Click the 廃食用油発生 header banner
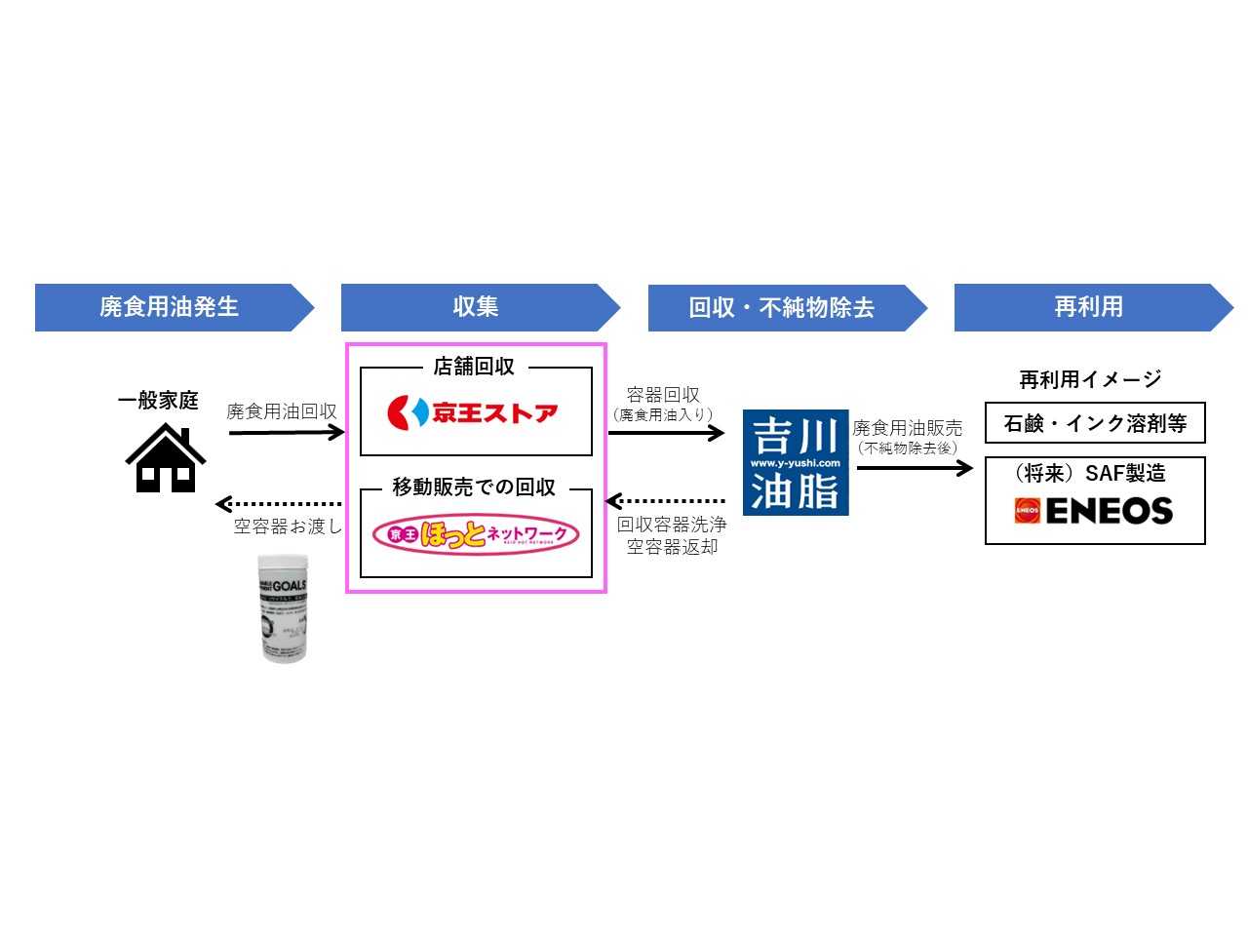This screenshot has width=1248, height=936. pyautogui.click(x=171, y=307)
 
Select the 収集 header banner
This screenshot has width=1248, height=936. pyautogui.click(x=477, y=307)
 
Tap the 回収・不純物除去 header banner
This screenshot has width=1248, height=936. pyautogui.click(x=783, y=308)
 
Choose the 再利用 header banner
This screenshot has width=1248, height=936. pyautogui.click(x=1089, y=307)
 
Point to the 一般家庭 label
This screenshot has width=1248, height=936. pyautogui.click(x=158, y=400)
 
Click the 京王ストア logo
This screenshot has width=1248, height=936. pyautogui.click(x=474, y=413)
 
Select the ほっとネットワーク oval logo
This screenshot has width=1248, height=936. pyautogui.click(x=476, y=534)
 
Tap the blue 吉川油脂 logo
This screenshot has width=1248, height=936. pyautogui.click(x=796, y=462)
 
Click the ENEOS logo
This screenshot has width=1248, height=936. pyautogui.click(x=1094, y=511)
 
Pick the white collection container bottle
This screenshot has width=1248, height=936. pyautogui.click(x=284, y=608)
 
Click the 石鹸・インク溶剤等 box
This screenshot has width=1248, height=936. pyautogui.click(x=1095, y=423)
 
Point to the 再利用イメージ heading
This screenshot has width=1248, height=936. pyautogui.click(x=1090, y=379)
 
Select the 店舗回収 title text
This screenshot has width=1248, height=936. pyautogui.click(x=474, y=367)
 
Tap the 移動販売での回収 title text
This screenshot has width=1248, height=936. pyautogui.click(x=474, y=487)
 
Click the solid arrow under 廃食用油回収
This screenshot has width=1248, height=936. pyautogui.click(x=286, y=432)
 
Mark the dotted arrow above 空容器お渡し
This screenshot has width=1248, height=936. pyautogui.click(x=279, y=504)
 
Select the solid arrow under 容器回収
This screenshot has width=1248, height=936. pyautogui.click(x=666, y=432)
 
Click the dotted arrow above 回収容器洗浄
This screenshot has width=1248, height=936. pyautogui.click(x=665, y=501)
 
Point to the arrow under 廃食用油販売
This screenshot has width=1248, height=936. pyautogui.click(x=915, y=468)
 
